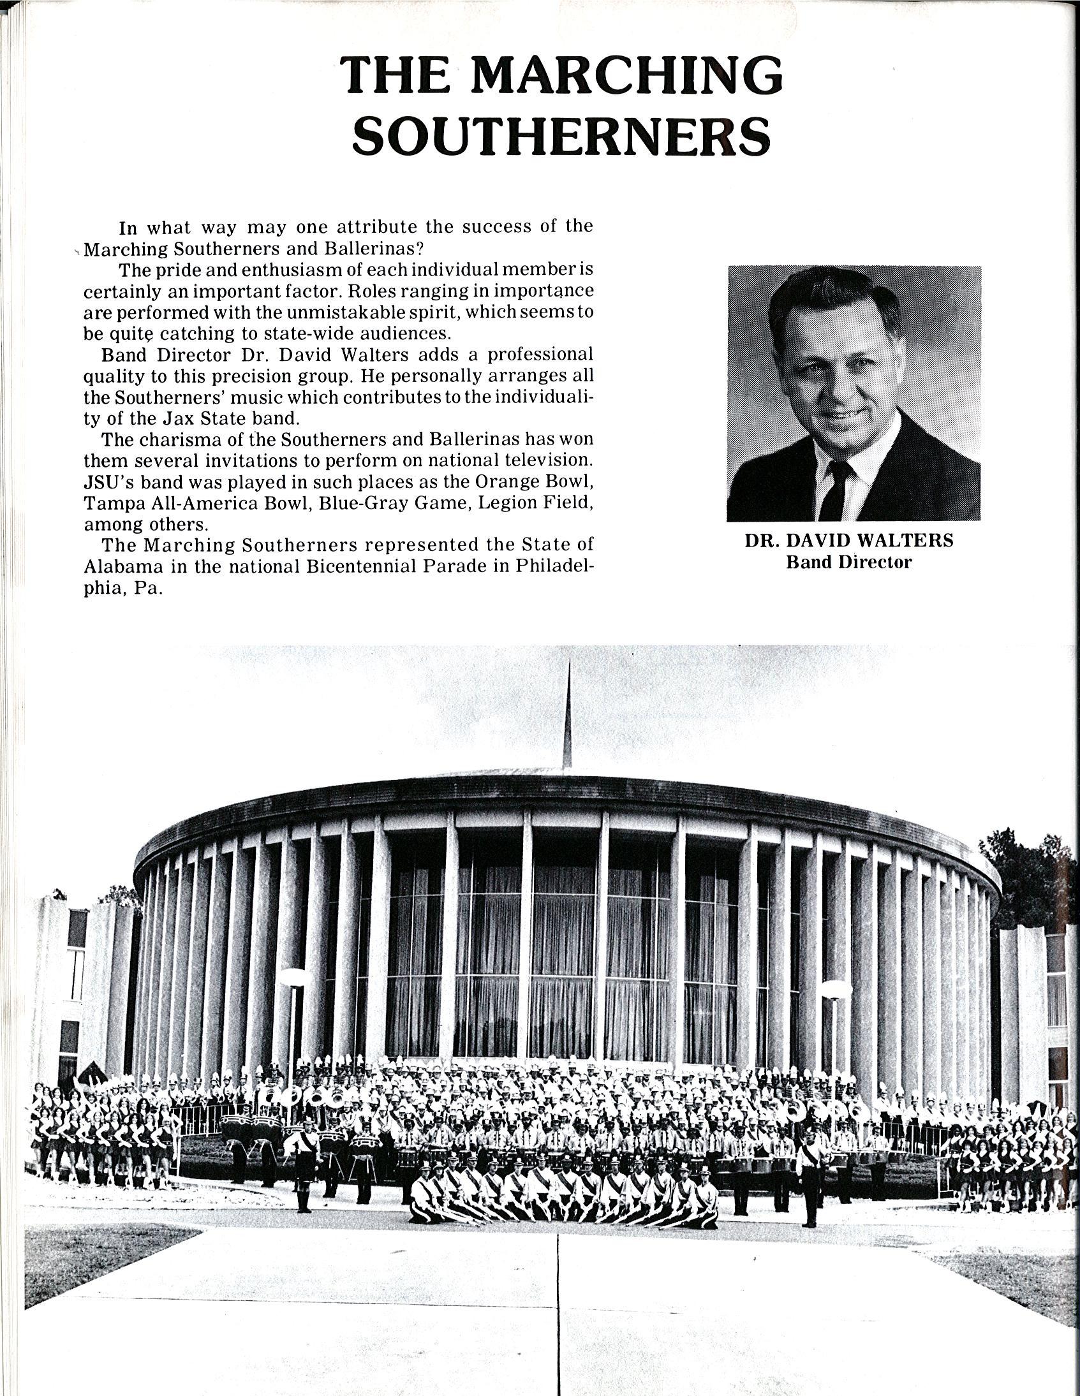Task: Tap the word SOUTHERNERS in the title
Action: (561, 135)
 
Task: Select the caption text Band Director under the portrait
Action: (848, 562)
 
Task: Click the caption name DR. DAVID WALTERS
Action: (848, 541)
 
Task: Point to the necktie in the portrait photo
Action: (836, 489)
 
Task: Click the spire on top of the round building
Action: (568, 716)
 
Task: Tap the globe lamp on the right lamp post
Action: (836, 990)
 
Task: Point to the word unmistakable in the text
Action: (339, 312)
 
